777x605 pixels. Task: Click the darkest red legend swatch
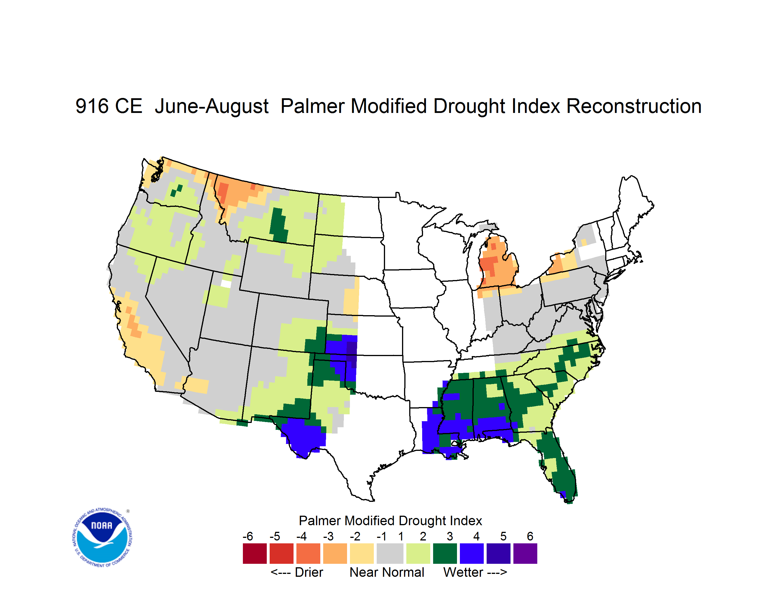point(255,553)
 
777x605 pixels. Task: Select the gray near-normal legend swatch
point(390,553)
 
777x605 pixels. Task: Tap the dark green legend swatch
point(445,553)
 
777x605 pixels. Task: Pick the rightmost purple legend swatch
point(525,553)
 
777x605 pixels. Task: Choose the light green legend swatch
point(418,553)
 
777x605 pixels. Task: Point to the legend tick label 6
point(530,536)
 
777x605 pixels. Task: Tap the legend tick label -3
point(328,536)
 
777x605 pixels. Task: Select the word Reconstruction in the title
point(634,106)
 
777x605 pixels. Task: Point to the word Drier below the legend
point(309,573)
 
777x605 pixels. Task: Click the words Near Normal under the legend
point(387,573)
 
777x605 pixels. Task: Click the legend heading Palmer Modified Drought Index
point(390,521)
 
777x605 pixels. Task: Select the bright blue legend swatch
point(472,553)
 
